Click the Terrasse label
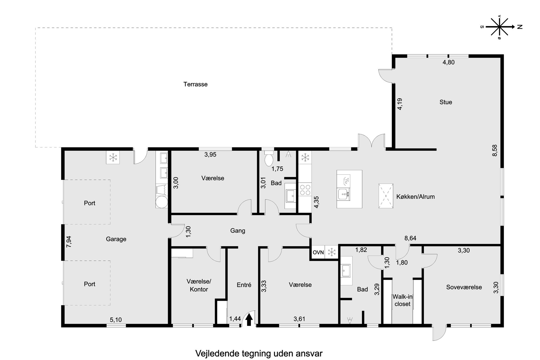click(195, 84)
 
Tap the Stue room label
click(446, 102)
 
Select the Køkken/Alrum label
click(415, 196)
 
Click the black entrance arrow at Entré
click(249, 320)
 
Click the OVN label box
click(318, 252)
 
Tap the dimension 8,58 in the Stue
click(495, 150)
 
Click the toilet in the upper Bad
click(269, 159)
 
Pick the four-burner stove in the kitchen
click(305, 190)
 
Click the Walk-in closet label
click(402, 300)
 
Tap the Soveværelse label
click(464, 287)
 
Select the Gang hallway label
click(238, 231)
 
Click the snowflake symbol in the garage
click(113, 157)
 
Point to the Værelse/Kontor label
click(199, 285)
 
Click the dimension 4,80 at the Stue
click(448, 62)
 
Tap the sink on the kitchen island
click(343, 194)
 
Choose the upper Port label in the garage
click(90, 203)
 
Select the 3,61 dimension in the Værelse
click(299, 319)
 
